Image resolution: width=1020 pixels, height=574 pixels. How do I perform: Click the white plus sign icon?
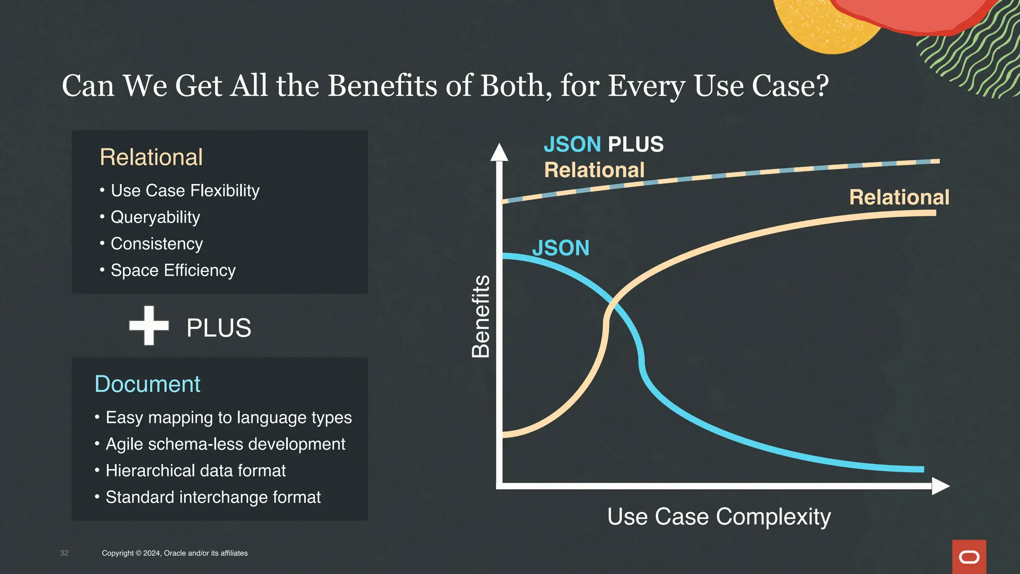(x=149, y=325)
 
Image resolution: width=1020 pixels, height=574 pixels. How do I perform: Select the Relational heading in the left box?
(x=151, y=157)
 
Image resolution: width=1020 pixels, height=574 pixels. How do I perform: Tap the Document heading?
(x=147, y=384)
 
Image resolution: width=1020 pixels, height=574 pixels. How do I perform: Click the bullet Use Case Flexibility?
(x=185, y=190)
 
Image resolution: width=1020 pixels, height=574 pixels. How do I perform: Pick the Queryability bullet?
(x=155, y=217)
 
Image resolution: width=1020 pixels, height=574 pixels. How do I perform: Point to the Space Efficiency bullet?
(x=173, y=270)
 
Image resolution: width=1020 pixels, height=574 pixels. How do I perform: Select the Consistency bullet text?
(x=156, y=244)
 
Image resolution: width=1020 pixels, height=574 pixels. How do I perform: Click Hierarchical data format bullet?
(x=195, y=470)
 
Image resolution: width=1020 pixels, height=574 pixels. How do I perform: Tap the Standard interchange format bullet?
(x=213, y=497)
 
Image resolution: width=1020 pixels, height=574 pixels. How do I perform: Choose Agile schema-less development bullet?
(x=225, y=444)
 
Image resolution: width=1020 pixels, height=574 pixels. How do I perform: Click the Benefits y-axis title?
(x=481, y=316)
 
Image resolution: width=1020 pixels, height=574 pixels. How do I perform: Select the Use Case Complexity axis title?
(x=719, y=517)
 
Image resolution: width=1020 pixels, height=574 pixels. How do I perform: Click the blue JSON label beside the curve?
(x=560, y=248)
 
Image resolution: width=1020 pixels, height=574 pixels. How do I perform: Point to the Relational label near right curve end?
(x=899, y=197)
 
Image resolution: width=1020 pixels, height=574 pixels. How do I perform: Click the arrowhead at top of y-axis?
(x=499, y=152)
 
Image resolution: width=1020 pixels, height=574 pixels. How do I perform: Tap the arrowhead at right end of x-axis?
(x=940, y=486)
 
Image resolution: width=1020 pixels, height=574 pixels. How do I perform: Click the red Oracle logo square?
(x=969, y=557)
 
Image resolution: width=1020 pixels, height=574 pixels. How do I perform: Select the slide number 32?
(x=64, y=553)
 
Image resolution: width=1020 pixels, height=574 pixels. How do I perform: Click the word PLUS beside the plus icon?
(x=219, y=328)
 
